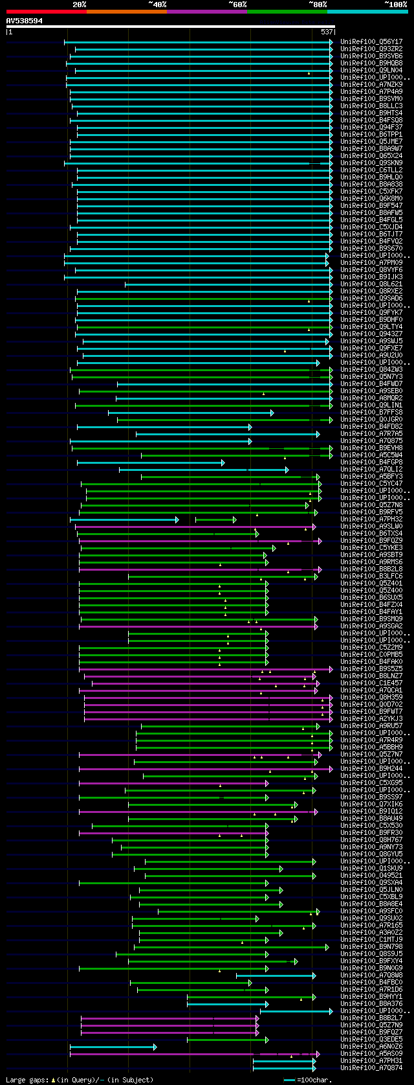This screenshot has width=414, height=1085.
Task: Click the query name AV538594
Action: pyautogui.click(x=25, y=21)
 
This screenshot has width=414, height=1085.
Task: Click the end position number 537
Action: pyautogui.click(x=327, y=31)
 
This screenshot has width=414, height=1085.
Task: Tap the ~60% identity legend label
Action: pyautogui.click(x=237, y=4)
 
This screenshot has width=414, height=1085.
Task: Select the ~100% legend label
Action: pyautogui.click(x=395, y=4)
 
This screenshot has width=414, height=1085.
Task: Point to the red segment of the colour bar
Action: pyautogui.click(x=46, y=12)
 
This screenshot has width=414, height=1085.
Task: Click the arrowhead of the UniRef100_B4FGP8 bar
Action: pyautogui.click(x=223, y=463)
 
